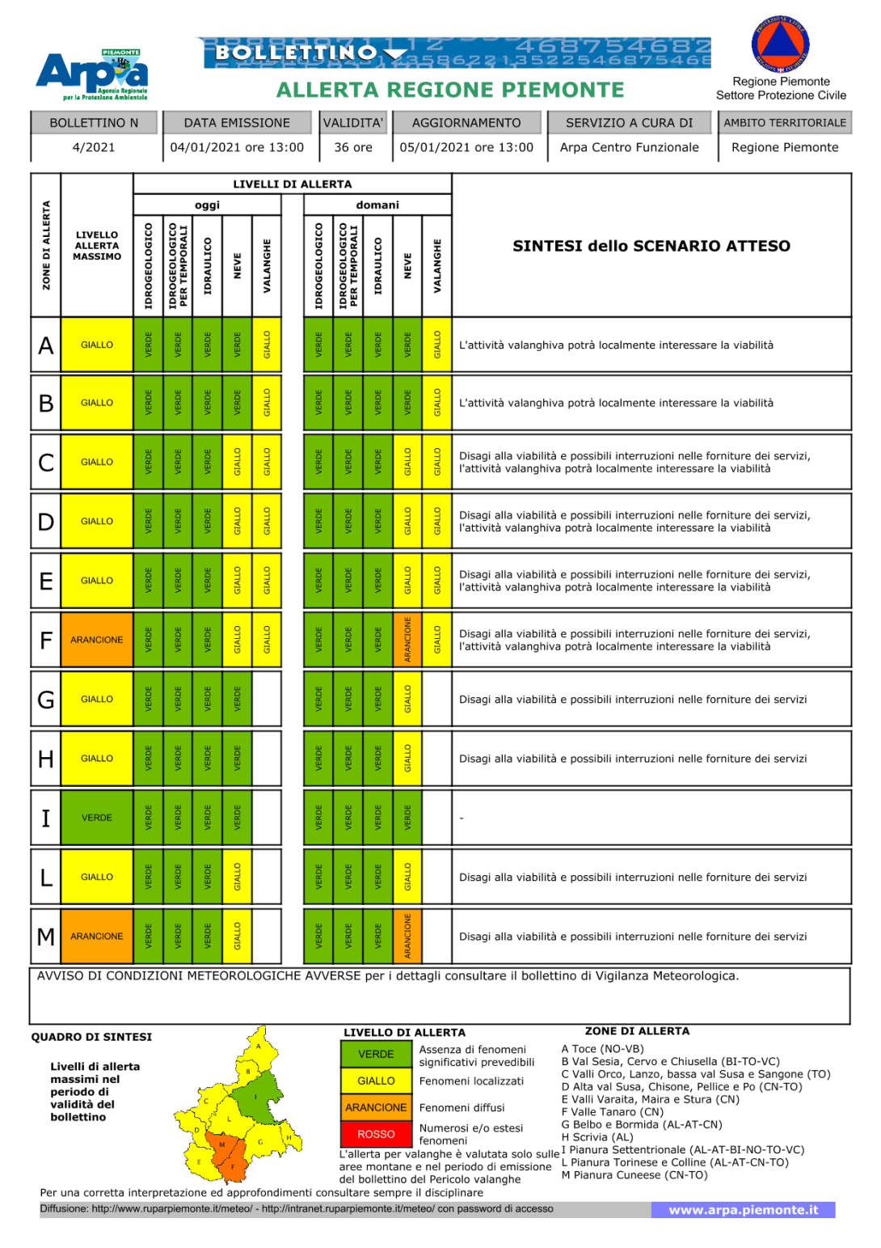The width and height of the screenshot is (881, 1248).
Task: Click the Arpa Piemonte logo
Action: pos(92,74)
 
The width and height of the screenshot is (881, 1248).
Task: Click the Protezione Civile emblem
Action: pos(780,44)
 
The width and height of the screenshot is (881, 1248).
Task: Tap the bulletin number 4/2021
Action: pos(94,147)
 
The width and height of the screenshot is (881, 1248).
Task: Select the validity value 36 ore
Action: pos(353,147)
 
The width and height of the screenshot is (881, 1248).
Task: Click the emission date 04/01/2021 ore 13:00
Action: pos(237,147)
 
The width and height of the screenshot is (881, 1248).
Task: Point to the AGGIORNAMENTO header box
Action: pos(466,123)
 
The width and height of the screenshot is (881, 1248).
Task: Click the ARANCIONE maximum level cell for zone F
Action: pos(97,640)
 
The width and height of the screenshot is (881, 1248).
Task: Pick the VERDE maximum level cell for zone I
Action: pos(97,818)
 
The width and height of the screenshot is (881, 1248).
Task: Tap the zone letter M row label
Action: pos(46,937)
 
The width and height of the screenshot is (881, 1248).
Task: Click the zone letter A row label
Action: pos(46,345)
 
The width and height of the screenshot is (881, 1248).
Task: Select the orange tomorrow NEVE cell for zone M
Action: pos(407,936)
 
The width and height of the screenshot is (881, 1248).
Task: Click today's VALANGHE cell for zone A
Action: pos(267,345)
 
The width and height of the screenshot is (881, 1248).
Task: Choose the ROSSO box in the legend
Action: pos(376,1134)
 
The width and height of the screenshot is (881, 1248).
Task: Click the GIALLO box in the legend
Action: pos(376,1081)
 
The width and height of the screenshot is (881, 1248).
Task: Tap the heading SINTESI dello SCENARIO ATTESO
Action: pos(651,246)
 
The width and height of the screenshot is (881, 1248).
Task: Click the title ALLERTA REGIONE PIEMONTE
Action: pos(450,90)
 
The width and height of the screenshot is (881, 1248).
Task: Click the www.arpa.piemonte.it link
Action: pos(743,1210)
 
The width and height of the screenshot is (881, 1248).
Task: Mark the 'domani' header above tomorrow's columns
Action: pos(377,205)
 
